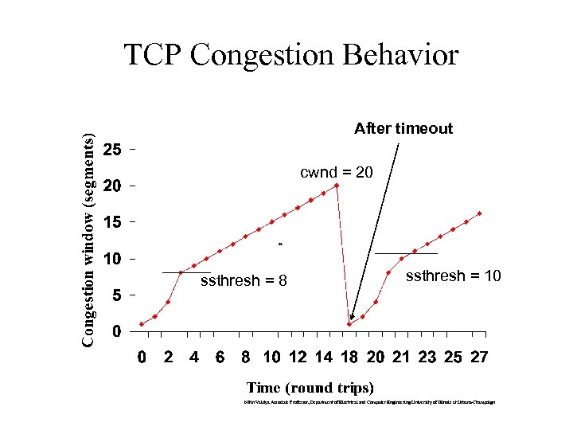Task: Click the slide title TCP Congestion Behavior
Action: [291, 55]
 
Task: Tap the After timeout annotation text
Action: [403, 128]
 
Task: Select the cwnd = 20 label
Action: [336, 172]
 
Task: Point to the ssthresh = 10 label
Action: [453, 276]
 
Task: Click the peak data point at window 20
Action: [337, 186]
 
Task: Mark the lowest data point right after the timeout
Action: [349, 324]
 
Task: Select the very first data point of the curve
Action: [142, 324]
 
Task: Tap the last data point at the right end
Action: [479, 213]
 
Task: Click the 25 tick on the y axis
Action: [112, 150]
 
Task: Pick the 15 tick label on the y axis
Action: [112, 222]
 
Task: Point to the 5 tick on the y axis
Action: [116, 295]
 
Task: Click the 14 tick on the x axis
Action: [323, 357]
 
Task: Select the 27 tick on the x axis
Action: [479, 357]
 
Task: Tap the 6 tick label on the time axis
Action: [220, 357]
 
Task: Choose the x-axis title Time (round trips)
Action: [310, 388]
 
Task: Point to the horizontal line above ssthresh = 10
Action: [406, 253]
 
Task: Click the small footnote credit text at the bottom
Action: [369, 402]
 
